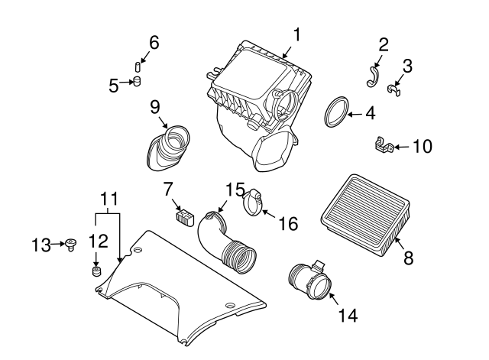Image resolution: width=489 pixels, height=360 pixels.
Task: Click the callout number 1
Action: (x=296, y=34)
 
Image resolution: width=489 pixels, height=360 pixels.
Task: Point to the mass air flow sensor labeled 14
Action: (x=312, y=282)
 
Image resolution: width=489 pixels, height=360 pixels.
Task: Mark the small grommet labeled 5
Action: (x=138, y=82)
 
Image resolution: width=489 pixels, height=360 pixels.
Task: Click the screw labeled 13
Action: (x=72, y=245)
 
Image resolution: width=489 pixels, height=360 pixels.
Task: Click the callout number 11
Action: (x=110, y=198)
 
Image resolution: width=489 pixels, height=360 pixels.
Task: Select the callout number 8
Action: (x=408, y=258)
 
